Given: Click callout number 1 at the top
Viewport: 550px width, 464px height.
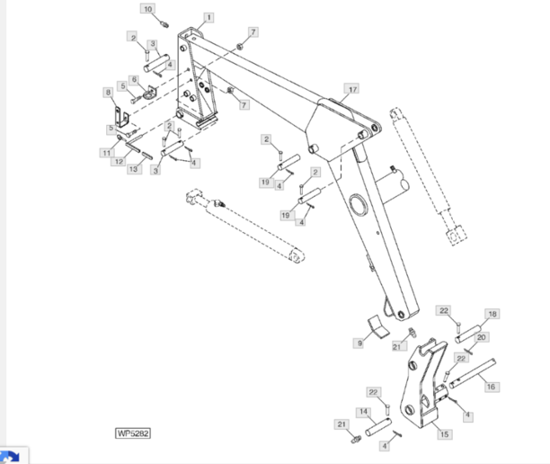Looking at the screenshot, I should click(208, 18).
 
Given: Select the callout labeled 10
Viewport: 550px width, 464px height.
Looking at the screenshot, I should click(149, 8).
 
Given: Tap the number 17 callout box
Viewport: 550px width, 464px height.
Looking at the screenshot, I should click(352, 89).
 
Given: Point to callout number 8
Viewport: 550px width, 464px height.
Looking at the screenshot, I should click(108, 92).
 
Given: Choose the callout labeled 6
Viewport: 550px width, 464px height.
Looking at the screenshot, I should click(135, 80).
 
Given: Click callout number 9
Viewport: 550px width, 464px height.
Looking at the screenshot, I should click(359, 343).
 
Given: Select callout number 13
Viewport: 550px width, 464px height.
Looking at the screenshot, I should click(133, 169).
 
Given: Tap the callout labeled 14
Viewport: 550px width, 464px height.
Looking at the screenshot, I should click(365, 412).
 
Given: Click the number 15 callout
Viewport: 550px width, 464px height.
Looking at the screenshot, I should click(444, 434).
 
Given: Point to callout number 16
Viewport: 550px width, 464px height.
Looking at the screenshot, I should click(491, 387).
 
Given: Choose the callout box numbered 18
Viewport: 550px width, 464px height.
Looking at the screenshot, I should click(492, 315).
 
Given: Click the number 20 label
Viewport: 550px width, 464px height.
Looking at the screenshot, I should click(482, 337).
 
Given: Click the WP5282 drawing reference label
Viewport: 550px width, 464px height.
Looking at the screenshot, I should click(133, 433).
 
